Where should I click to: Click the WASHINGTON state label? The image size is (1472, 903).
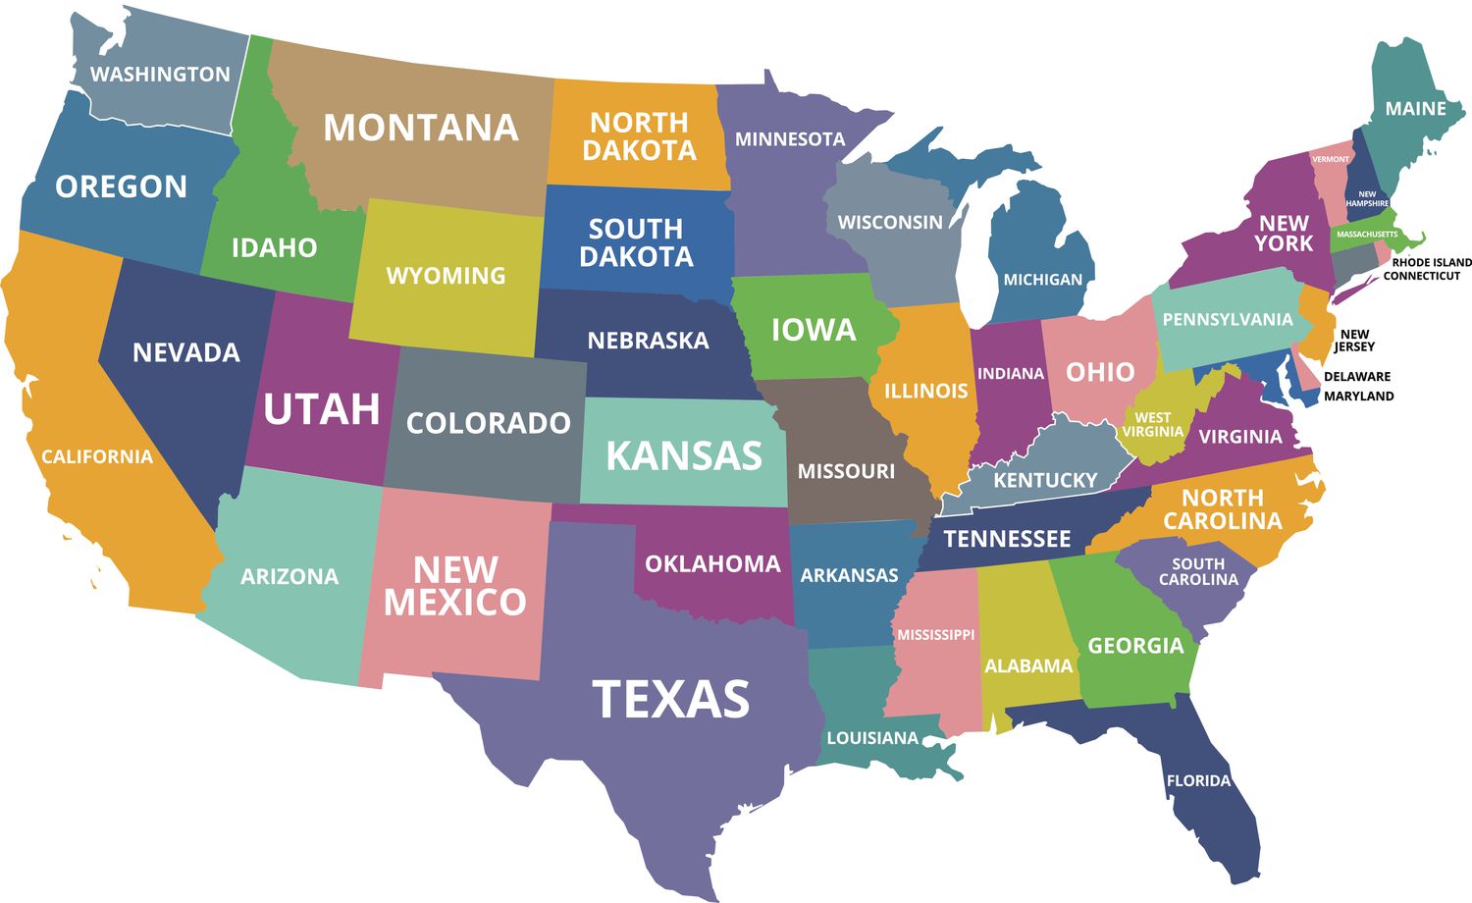click(160, 75)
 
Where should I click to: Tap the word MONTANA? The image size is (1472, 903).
click(421, 128)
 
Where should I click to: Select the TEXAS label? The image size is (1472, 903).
click(671, 699)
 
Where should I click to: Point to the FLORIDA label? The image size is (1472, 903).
click(1198, 781)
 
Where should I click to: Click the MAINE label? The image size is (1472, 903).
click(1415, 109)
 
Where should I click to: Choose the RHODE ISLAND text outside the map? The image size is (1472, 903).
click(1432, 262)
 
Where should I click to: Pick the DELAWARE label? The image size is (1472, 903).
click(1357, 377)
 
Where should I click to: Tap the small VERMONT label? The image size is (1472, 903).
click(1331, 159)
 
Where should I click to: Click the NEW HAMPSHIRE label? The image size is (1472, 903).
click(1367, 199)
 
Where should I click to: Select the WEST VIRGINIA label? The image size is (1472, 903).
click(1153, 425)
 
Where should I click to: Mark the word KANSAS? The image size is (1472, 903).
click(684, 456)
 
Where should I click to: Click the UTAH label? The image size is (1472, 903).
click(322, 409)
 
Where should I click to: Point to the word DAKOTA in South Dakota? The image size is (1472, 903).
click(636, 257)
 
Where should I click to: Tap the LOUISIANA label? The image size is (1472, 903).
click(872, 738)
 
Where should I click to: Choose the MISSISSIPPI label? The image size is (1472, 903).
click(936, 635)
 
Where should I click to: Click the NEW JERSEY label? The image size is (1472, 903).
click(1354, 341)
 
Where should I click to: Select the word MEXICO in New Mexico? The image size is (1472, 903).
click(455, 603)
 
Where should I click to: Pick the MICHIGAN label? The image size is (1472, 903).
click(1042, 280)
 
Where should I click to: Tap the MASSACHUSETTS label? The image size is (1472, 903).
click(1367, 235)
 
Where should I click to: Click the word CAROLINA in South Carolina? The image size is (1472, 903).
click(1198, 580)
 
